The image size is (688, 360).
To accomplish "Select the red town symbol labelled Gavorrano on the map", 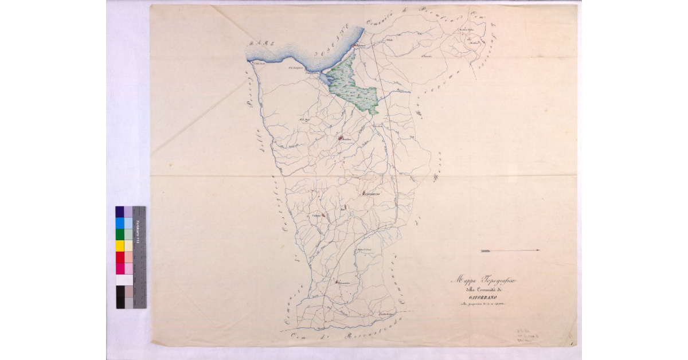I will click(x=365, y=194).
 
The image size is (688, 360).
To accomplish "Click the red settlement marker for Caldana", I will click(x=323, y=216).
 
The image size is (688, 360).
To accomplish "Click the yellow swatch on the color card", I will click(x=120, y=245).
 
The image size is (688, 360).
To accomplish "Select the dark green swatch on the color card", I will click(x=120, y=234).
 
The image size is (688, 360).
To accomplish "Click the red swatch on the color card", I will click(x=120, y=257).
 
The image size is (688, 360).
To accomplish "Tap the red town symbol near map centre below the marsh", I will click(x=341, y=138).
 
